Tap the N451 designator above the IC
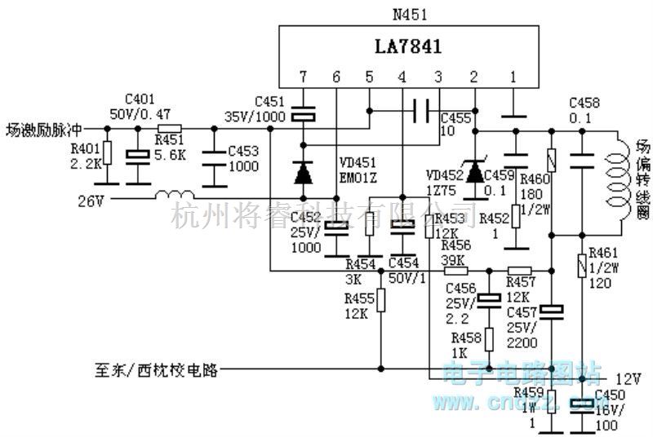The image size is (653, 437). [x=411, y=14]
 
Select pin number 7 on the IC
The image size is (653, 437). [x=303, y=78]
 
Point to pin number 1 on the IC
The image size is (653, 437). [x=513, y=78]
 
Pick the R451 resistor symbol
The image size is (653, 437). [x=170, y=128]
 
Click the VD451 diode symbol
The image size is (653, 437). [x=303, y=172]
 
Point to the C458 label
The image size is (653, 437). [x=584, y=103]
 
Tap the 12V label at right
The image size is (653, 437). [x=627, y=379]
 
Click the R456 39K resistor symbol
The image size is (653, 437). [x=454, y=271]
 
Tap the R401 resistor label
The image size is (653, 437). [x=85, y=148]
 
